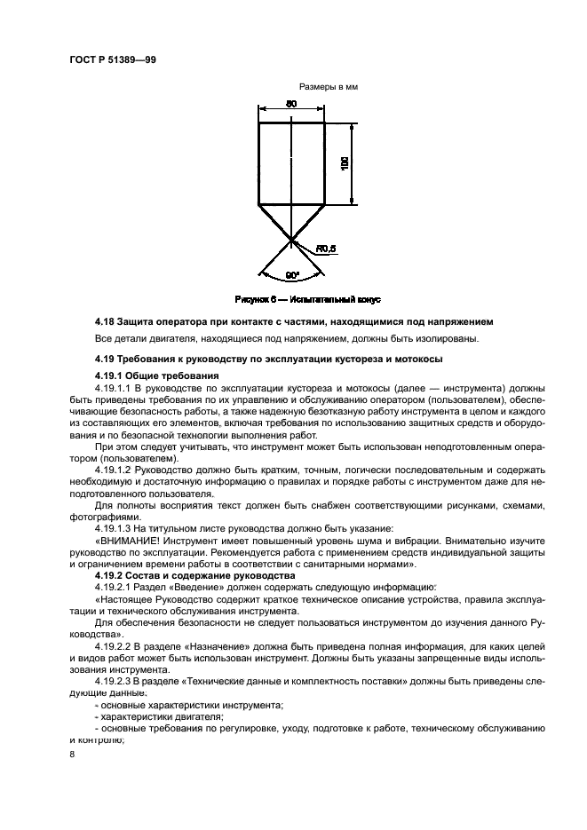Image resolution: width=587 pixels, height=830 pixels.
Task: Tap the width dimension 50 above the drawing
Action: [290, 105]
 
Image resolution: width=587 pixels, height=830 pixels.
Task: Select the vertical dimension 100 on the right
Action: [344, 163]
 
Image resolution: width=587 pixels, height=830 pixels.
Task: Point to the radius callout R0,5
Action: [325, 249]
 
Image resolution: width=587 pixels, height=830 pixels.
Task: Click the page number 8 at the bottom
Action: [72, 755]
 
